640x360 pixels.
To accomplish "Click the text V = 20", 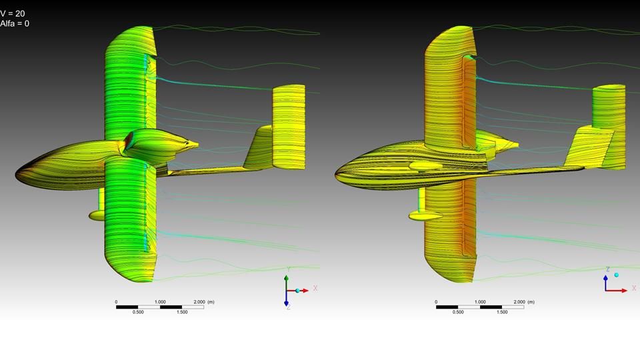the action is point(12,13).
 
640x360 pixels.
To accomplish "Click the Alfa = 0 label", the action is point(15,23).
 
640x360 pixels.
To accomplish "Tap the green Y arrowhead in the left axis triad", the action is point(286,277).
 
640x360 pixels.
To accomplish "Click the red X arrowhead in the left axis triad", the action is point(305,291).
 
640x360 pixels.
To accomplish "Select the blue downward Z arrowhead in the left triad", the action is point(286,303).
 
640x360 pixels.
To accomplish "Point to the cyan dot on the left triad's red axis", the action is point(297,291).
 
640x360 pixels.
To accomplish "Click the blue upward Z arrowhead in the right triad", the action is point(606,277).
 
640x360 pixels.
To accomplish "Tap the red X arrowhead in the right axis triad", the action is point(625,291).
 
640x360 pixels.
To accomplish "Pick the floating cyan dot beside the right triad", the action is point(616,275).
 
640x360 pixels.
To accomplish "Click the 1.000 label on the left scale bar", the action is point(160,302).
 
